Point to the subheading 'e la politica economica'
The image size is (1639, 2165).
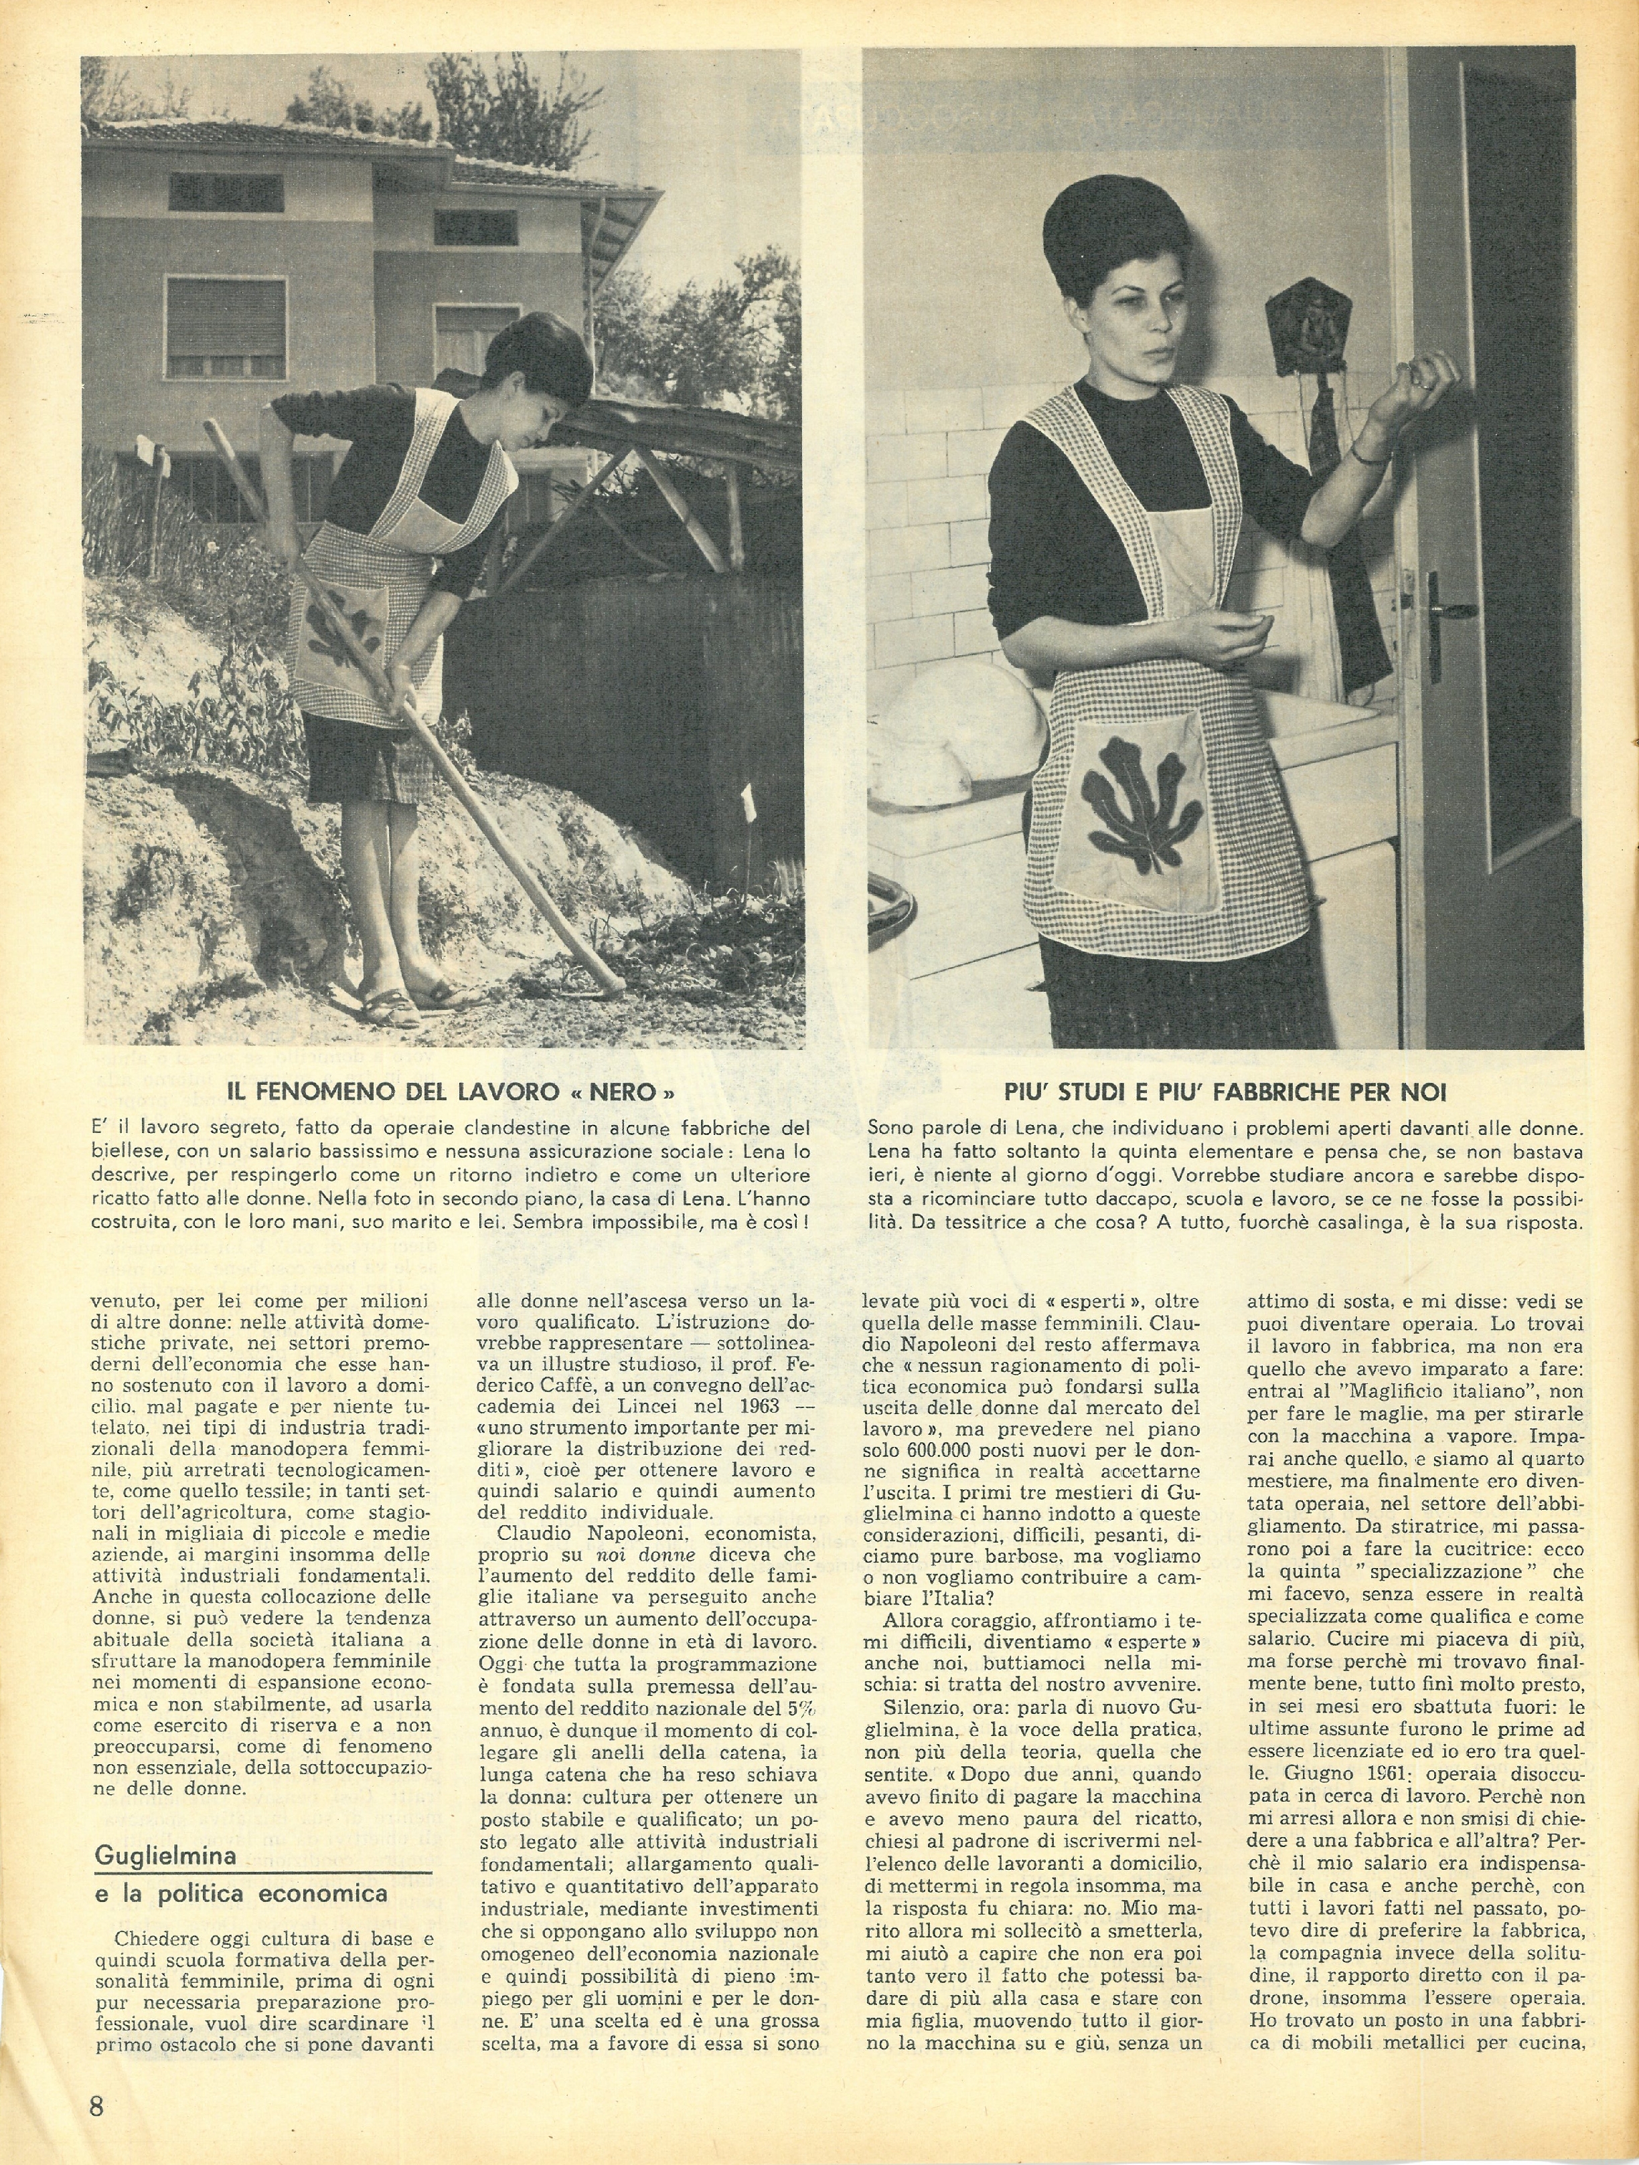241,1894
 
